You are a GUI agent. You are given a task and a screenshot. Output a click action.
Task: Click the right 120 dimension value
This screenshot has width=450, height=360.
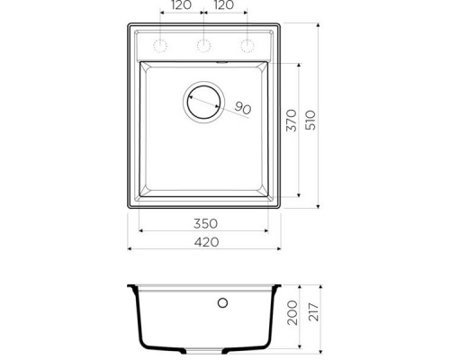(224, 6)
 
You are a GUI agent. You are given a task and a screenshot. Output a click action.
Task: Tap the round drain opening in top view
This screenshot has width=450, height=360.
(203, 100)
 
